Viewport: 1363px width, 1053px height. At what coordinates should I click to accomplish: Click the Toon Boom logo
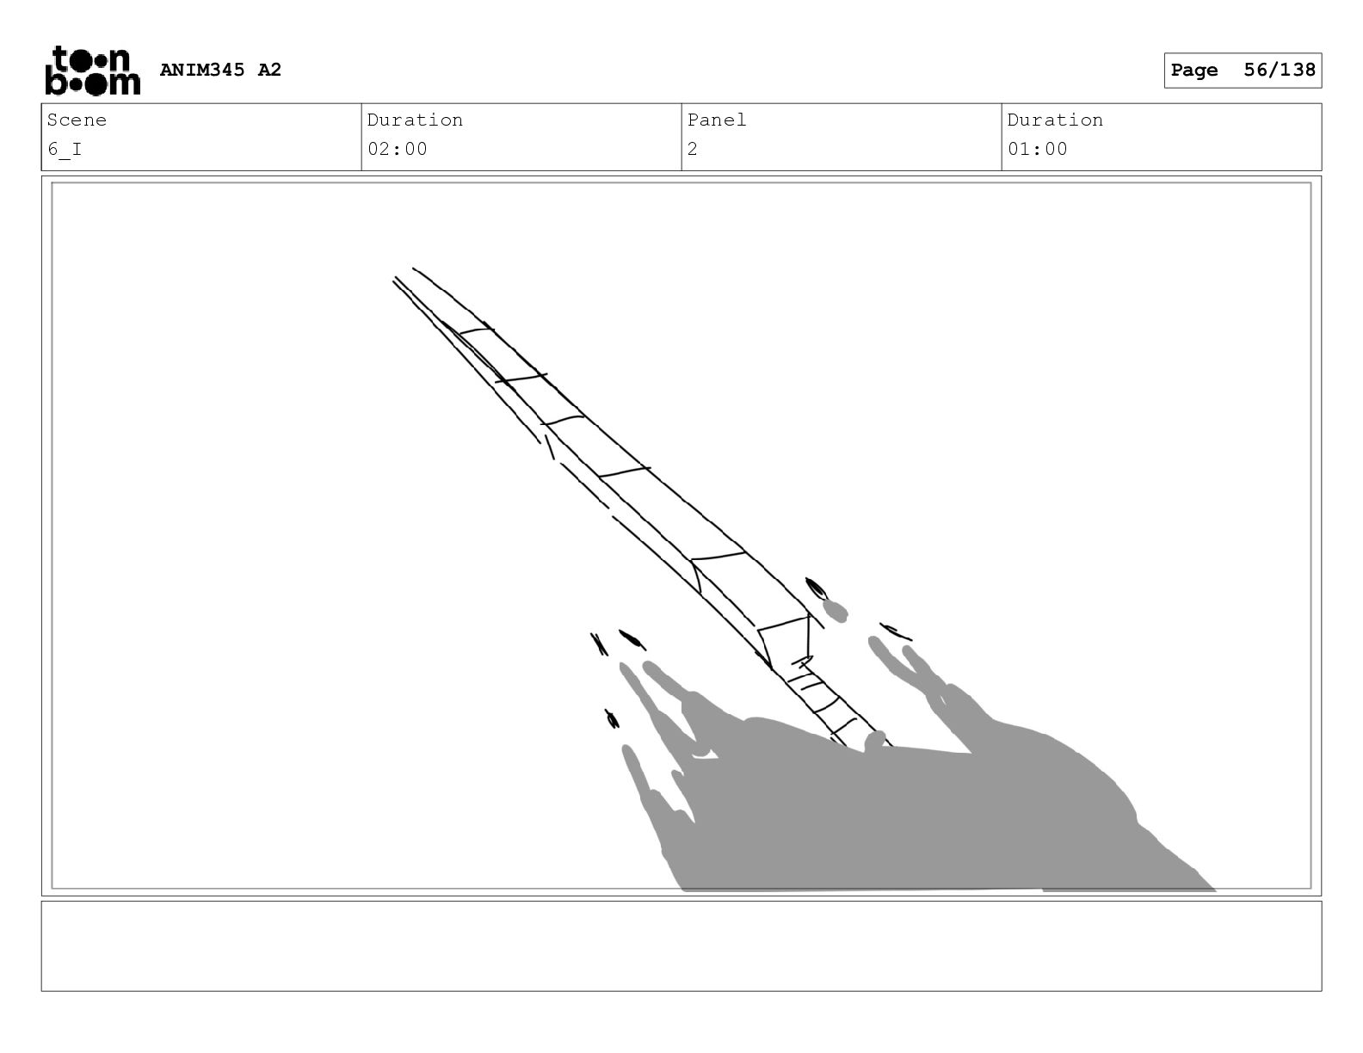[x=93, y=71]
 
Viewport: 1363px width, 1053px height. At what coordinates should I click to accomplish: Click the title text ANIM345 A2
[x=220, y=70]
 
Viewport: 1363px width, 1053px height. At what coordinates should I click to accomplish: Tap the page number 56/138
[x=1280, y=70]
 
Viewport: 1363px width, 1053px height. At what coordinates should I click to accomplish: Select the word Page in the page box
[x=1194, y=71]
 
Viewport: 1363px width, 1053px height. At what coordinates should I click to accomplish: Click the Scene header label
[x=77, y=120]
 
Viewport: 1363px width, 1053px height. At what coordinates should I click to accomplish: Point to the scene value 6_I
[x=65, y=150]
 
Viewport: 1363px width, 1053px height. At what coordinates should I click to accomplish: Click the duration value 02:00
[x=397, y=150]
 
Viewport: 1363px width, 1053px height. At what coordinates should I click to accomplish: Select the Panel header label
[x=716, y=120]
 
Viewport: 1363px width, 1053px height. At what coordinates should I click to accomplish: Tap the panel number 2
[x=693, y=150]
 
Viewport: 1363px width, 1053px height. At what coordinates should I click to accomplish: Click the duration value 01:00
[x=1038, y=150]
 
